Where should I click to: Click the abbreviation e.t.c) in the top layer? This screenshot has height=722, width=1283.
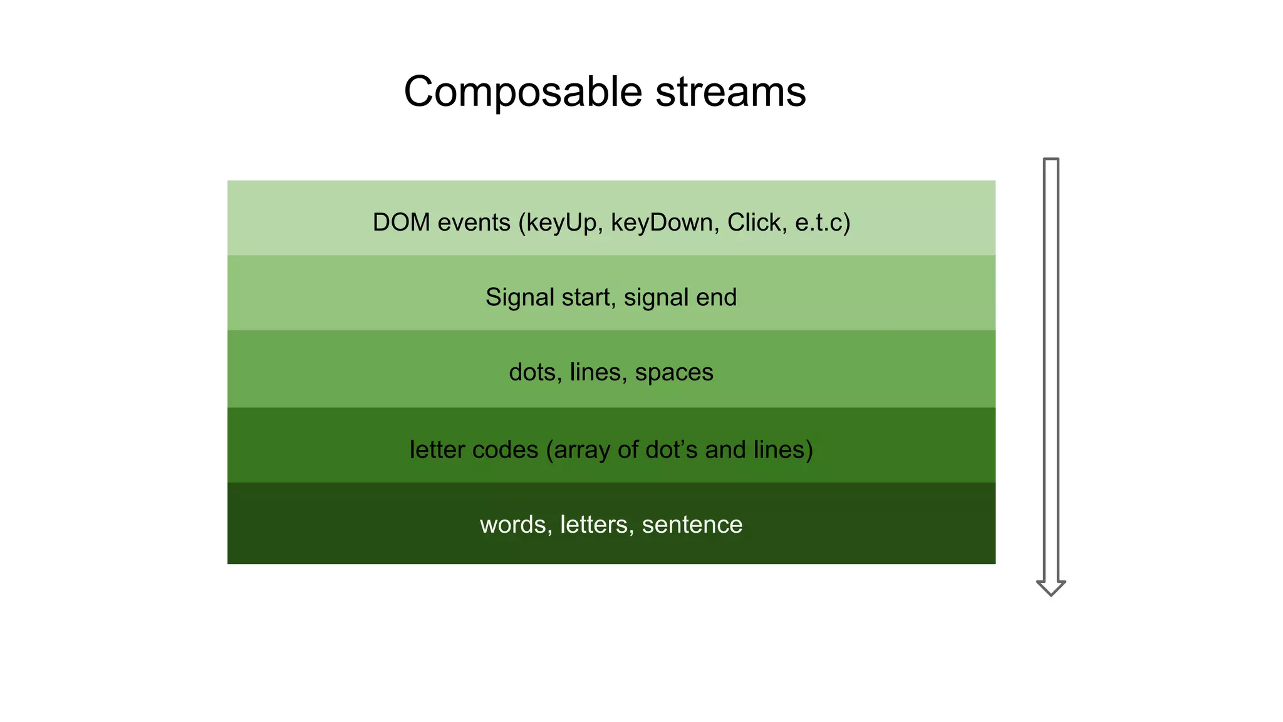(x=823, y=222)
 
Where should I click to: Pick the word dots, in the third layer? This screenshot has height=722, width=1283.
(x=535, y=372)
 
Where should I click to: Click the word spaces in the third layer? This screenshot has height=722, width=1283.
(x=674, y=372)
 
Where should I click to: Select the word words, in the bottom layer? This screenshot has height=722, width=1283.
(x=516, y=525)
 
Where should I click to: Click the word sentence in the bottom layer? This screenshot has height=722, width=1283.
(x=692, y=525)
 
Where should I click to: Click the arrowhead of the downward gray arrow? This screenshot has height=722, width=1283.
(x=1051, y=587)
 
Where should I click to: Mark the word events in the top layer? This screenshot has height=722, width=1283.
(x=474, y=222)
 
